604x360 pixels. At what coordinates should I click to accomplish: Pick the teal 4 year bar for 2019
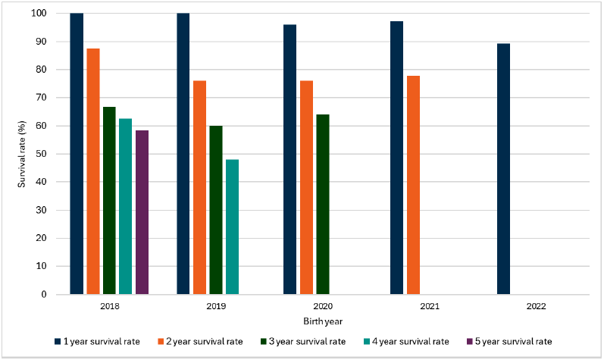pyautogui.click(x=232, y=227)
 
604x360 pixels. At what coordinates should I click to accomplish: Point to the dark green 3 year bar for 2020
pyautogui.click(x=323, y=204)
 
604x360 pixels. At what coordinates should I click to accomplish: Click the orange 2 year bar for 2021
pyautogui.click(x=413, y=185)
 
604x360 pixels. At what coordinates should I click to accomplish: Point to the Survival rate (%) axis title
pyautogui.click(x=23, y=155)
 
